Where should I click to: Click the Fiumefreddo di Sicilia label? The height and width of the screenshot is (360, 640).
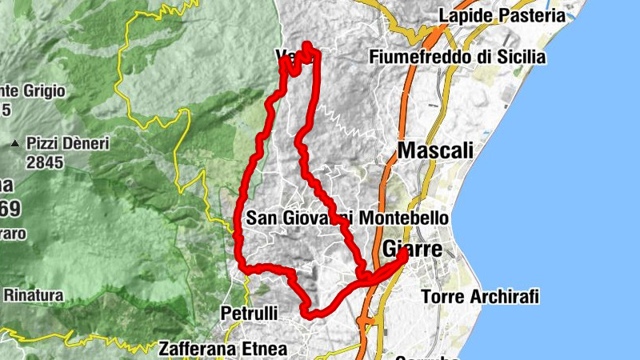coord(458,57)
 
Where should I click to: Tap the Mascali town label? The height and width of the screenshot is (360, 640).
coord(435,150)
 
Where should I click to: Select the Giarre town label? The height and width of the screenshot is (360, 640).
coord(413,249)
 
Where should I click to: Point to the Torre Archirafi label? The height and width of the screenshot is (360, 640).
coord(480,297)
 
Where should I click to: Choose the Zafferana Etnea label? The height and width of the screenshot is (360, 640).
coord(222,349)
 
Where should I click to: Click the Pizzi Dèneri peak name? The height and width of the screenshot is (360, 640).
coord(67,143)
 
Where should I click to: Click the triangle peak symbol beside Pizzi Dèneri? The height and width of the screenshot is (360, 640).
coord(14,144)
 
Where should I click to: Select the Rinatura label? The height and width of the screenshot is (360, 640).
coord(34,294)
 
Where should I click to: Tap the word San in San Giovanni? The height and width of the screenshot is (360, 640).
coord(260,218)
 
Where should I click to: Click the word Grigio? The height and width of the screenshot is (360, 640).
coord(41,90)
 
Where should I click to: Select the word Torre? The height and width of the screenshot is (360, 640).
coord(441,297)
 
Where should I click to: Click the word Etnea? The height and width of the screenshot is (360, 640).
coord(263,349)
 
